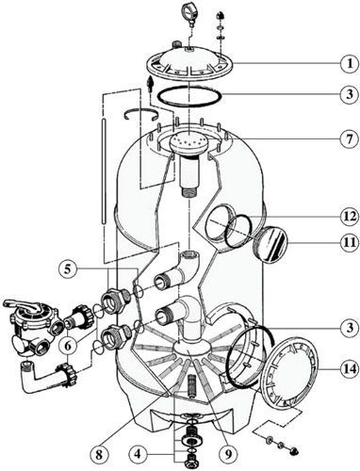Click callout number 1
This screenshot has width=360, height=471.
(x=349, y=64)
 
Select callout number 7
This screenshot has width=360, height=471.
(x=349, y=138)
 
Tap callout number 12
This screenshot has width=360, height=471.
(x=349, y=217)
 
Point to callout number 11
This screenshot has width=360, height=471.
(x=349, y=242)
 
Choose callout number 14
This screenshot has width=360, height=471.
(x=349, y=369)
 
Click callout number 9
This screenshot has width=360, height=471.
(x=228, y=454)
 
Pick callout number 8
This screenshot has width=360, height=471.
(x=99, y=454)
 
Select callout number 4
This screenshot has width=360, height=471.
(x=138, y=454)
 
